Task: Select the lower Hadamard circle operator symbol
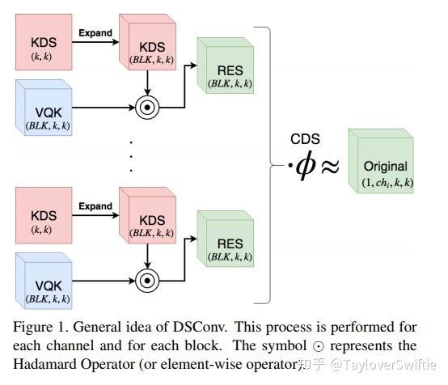pos(148,281)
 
